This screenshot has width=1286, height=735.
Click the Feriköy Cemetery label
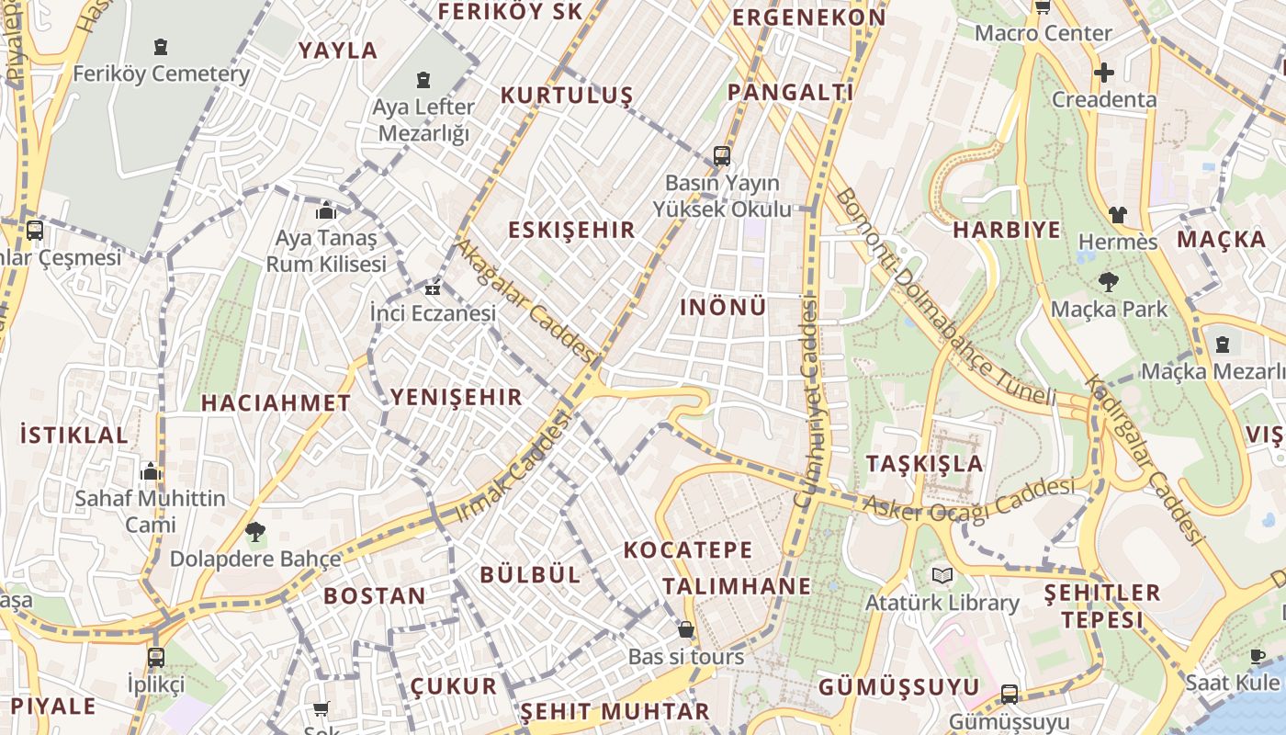[x=161, y=73]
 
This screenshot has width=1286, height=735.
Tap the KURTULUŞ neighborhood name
[x=567, y=96]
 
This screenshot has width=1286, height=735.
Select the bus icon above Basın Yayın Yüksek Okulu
[x=722, y=155]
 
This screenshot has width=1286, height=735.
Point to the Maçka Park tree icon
[x=1109, y=282]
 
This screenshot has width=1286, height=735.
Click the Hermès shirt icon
[x=1117, y=215]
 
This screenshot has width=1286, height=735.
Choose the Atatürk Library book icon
[x=942, y=576]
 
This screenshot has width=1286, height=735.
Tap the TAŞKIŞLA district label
[x=924, y=463]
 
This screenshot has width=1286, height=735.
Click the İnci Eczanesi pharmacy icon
[x=432, y=288]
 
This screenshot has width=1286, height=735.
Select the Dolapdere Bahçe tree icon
[x=255, y=531]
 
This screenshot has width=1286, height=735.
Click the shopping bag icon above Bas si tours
[x=685, y=629]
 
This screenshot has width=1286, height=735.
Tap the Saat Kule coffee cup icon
[x=1258, y=656]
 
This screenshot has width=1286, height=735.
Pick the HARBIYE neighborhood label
[x=1006, y=230]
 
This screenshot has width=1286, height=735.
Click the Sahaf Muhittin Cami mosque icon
[x=151, y=472]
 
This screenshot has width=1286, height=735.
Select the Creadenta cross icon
[x=1104, y=72]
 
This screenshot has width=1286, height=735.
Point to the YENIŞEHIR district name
[x=456, y=397]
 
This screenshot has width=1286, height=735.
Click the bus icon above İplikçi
[x=156, y=657]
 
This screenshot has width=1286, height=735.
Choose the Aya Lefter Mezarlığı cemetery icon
[x=423, y=80]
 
